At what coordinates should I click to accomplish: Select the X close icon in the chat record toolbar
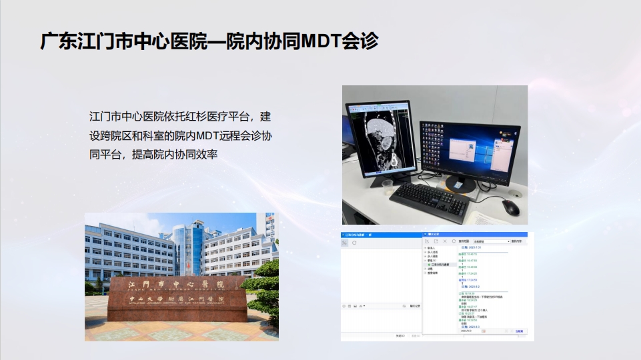(x=445, y=241)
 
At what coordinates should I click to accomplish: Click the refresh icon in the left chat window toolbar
(x=354, y=243)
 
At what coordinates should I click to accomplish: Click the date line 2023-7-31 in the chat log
(x=472, y=247)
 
